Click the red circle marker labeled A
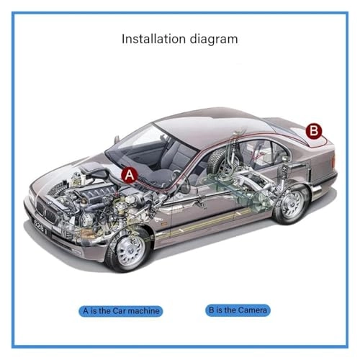pos(128,174)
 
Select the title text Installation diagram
pos(179,38)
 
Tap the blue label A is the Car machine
pos(121,311)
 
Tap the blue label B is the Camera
pos(238,310)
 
